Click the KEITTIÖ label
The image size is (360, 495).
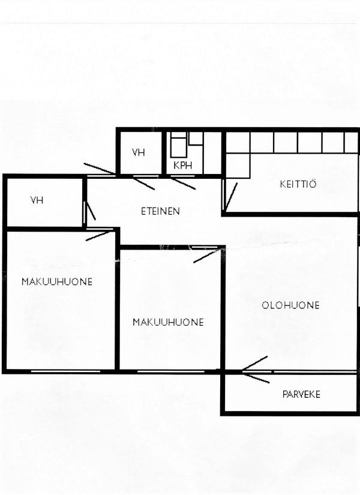(x=298, y=184)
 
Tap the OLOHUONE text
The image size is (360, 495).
(x=290, y=305)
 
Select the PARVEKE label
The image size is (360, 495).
(x=301, y=394)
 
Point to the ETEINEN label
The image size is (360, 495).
(x=160, y=211)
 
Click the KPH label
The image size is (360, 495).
(x=183, y=165)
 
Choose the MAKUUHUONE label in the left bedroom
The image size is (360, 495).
(x=57, y=281)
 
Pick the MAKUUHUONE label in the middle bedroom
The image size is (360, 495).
(x=168, y=322)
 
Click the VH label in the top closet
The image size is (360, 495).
(x=139, y=152)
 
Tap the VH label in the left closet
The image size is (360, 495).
(x=37, y=200)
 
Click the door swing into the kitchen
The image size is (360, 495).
(x=231, y=196)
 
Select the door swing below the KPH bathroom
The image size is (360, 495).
(x=183, y=184)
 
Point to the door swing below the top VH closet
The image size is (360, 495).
(x=143, y=184)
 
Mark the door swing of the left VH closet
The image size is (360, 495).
(x=91, y=211)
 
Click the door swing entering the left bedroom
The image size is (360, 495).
(x=98, y=236)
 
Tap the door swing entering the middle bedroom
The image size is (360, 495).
(x=206, y=256)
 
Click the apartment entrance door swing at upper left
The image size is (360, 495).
(x=100, y=169)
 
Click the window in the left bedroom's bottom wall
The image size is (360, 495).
(x=65, y=371)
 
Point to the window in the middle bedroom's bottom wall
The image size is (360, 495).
(x=172, y=371)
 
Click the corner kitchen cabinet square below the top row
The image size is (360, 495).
(x=238, y=166)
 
